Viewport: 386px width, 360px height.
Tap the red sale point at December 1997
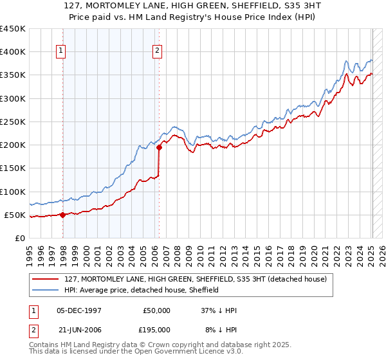click(62, 215)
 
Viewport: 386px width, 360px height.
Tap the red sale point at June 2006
click(159, 147)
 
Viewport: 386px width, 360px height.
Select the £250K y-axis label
click(13, 122)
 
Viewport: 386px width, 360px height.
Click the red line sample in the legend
click(46, 279)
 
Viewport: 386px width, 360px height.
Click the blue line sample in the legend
click(46, 290)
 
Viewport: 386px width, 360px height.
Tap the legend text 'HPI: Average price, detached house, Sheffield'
click(142, 290)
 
